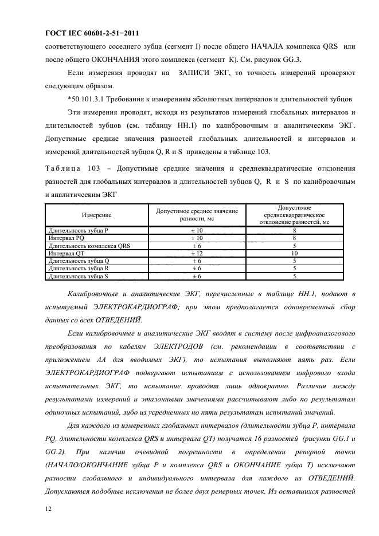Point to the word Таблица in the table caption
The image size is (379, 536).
(63, 168)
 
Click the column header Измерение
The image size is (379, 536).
(96, 214)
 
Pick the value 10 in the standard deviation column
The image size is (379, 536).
(294, 253)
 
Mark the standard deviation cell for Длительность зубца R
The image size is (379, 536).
(294, 268)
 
